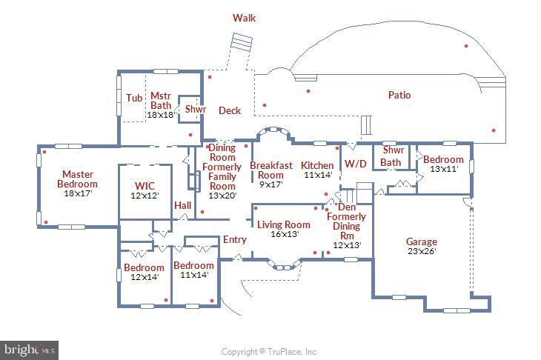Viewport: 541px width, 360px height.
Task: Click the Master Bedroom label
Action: click(77, 179)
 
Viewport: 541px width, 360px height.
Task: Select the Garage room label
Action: click(421, 241)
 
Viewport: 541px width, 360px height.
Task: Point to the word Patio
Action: click(399, 95)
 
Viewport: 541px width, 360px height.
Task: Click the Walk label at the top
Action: click(244, 18)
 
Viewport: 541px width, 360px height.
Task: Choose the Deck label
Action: click(230, 111)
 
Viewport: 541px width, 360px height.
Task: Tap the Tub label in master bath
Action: click(134, 98)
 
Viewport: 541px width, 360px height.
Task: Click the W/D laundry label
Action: click(356, 163)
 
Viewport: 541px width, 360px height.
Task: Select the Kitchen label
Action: click(317, 165)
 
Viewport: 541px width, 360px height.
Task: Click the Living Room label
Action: click(283, 224)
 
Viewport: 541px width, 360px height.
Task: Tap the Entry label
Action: click(235, 240)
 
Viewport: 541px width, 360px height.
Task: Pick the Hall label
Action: click(182, 205)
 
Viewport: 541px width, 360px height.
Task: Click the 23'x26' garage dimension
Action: click(421, 251)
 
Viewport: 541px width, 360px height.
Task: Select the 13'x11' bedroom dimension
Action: click(443, 169)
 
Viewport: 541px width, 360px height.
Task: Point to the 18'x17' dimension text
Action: click(77, 193)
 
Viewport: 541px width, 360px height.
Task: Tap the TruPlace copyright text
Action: click(270, 352)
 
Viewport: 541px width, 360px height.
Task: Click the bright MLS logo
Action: click(30, 349)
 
